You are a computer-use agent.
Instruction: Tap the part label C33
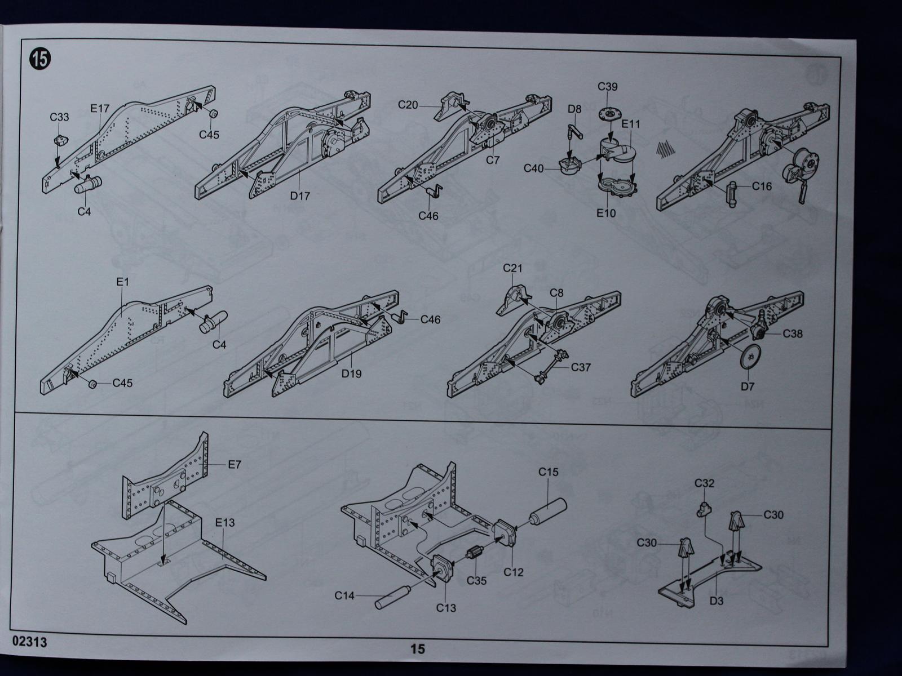(59, 117)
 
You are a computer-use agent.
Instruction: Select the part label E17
(100, 107)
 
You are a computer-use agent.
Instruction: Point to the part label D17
(300, 195)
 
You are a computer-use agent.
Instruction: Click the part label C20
(408, 105)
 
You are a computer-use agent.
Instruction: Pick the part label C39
(608, 87)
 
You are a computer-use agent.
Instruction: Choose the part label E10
(607, 213)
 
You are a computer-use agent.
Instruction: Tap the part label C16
(762, 186)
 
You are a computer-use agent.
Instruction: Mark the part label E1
(123, 282)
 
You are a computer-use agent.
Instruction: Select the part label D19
(351, 373)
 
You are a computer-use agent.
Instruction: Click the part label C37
(581, 367)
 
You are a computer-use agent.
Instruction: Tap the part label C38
(793, 333)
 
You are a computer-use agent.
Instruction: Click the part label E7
(235, 465)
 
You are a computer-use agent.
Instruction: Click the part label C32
(705, 483)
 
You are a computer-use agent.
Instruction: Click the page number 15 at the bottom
(418, 648)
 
